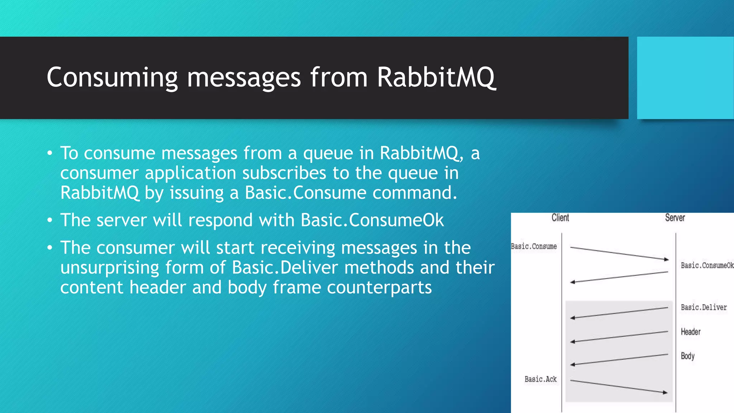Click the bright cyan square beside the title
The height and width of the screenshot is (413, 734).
click(x=685, y=78)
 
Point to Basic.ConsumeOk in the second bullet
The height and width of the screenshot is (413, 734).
click(x=372, y=220)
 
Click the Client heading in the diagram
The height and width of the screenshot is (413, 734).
click(x=560, y=218)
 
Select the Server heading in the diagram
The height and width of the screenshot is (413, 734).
click(x=675, y=218)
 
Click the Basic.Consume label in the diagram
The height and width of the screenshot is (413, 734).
click(x=534, y=246)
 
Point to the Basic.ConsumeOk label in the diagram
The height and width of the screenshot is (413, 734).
click(x=707, y=265)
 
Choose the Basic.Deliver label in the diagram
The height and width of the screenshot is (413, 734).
click(x=704, y=307)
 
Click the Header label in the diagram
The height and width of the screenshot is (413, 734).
click(x=690, y=332)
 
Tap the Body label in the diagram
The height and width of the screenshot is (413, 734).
click(x=687, y=356)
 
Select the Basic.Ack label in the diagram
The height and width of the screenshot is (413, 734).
click(x=540, y=379)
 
